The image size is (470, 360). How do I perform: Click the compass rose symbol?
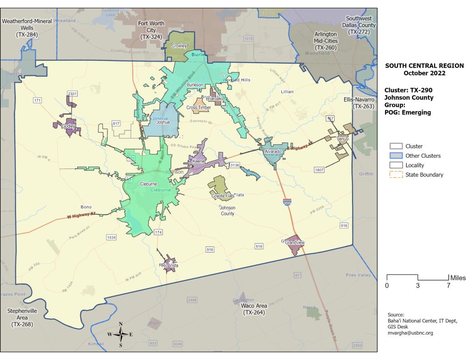click(x=121, y=334)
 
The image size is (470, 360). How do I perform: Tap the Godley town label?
click(x=68, y=126)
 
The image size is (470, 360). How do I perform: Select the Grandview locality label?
click(x=295, y=242)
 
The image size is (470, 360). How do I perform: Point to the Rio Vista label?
click(x=170, y=266)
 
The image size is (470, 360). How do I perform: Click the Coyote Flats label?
click(x=223, y=196)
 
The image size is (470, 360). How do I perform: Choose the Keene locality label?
click(x=198, y=162)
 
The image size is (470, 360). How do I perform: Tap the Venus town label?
click(x=343, y=139)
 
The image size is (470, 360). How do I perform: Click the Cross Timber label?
click(x=199, y=108)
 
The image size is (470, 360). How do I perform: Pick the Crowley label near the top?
click(x=179, y=46)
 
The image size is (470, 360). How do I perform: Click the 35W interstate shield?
click(x=287, y=202)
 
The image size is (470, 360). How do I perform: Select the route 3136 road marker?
click(x=235, y=165)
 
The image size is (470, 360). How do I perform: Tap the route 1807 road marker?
click(x=320, y=170)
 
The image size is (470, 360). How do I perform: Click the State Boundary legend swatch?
click(x=395, y=174)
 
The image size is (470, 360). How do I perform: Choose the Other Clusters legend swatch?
click(x=395, y=156)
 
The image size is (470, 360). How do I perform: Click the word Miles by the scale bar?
click(x=458, y=278)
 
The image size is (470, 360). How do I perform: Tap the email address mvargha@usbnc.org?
click(x=410, y=333)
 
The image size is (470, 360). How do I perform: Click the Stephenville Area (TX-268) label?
click(x=22, y=317)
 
